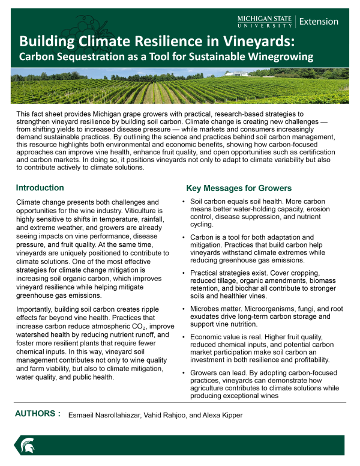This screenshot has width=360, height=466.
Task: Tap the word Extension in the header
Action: coord(319,22)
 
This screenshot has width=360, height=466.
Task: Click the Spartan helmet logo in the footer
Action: coord(27,445)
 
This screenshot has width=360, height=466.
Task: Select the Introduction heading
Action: coord(40,188)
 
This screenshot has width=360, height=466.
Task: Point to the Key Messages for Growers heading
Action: coord(239,188)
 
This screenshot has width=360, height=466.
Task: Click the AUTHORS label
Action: coord(38,414)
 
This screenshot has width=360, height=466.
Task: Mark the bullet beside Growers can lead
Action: coord(182,373)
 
